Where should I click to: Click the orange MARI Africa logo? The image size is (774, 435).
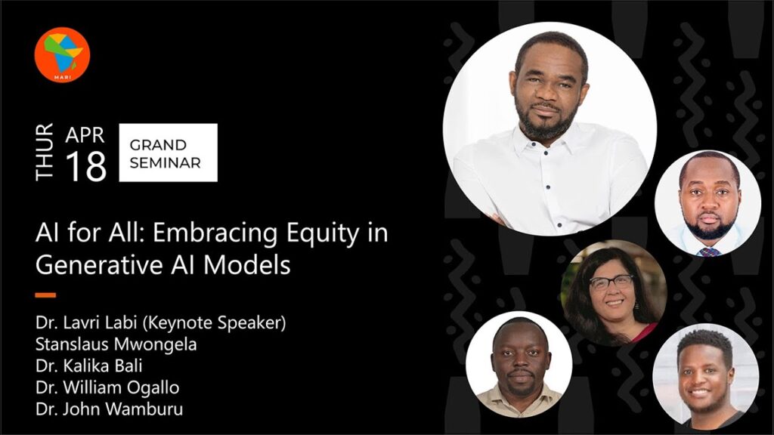tap(62, 54)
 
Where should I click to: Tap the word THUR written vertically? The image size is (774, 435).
tap(45, 152)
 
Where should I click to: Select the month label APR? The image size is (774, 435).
tap(85, 135)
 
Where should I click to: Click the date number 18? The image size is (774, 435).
tap(86, 166)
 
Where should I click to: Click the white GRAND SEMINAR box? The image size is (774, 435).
tap(169, 153)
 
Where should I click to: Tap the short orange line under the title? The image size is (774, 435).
tap(45, 295)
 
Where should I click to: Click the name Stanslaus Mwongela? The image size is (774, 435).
tap(116, 344)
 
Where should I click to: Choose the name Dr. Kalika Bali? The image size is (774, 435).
tap(89, 366)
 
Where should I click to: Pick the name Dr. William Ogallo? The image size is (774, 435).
tap(107, 387)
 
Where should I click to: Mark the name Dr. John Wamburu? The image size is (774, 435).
tap(109, 409)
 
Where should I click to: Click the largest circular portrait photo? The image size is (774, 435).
tap(550, 128)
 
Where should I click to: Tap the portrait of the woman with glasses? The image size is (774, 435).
tap(614, 293)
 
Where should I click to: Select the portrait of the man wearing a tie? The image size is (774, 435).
tap(707, 203)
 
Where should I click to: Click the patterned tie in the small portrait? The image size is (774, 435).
tap(709, 252)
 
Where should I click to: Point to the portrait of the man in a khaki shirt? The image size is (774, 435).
tap(519, 365)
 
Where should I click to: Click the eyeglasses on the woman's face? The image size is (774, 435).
tap(611, 282)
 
